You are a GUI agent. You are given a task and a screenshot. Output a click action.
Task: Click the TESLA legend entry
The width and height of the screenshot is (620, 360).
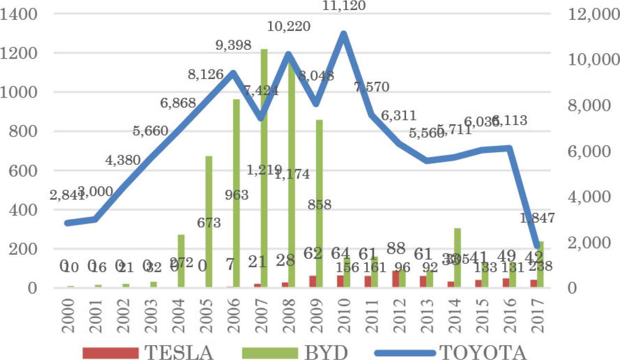point(148,352)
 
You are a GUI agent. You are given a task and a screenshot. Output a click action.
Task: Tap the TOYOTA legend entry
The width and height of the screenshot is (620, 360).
point(450,352)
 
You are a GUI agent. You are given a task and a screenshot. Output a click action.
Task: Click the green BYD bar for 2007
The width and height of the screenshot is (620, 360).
point(264,167)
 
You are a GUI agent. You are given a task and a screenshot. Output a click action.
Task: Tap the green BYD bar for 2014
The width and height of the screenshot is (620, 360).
point(458,258)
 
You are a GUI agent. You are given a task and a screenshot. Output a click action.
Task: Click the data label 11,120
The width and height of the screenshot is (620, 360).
point(344,6)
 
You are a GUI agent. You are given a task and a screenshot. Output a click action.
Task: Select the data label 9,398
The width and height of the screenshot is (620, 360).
point(233,45)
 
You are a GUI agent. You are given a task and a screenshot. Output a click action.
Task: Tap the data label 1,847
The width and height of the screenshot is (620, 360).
point(537,218)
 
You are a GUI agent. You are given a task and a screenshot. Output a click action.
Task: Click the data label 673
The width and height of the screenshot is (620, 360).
point(209,222)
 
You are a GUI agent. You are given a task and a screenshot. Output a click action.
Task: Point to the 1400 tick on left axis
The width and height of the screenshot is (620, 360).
point(19,15)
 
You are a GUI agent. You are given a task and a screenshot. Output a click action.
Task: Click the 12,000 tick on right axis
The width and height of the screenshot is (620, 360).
point(593,15)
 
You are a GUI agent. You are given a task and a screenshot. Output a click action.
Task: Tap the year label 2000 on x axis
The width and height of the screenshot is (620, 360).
point(69,316)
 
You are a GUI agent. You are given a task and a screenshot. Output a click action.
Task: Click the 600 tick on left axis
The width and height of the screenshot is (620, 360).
point(23,171)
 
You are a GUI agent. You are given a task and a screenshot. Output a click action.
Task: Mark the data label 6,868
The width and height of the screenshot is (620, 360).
point(178,102)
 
